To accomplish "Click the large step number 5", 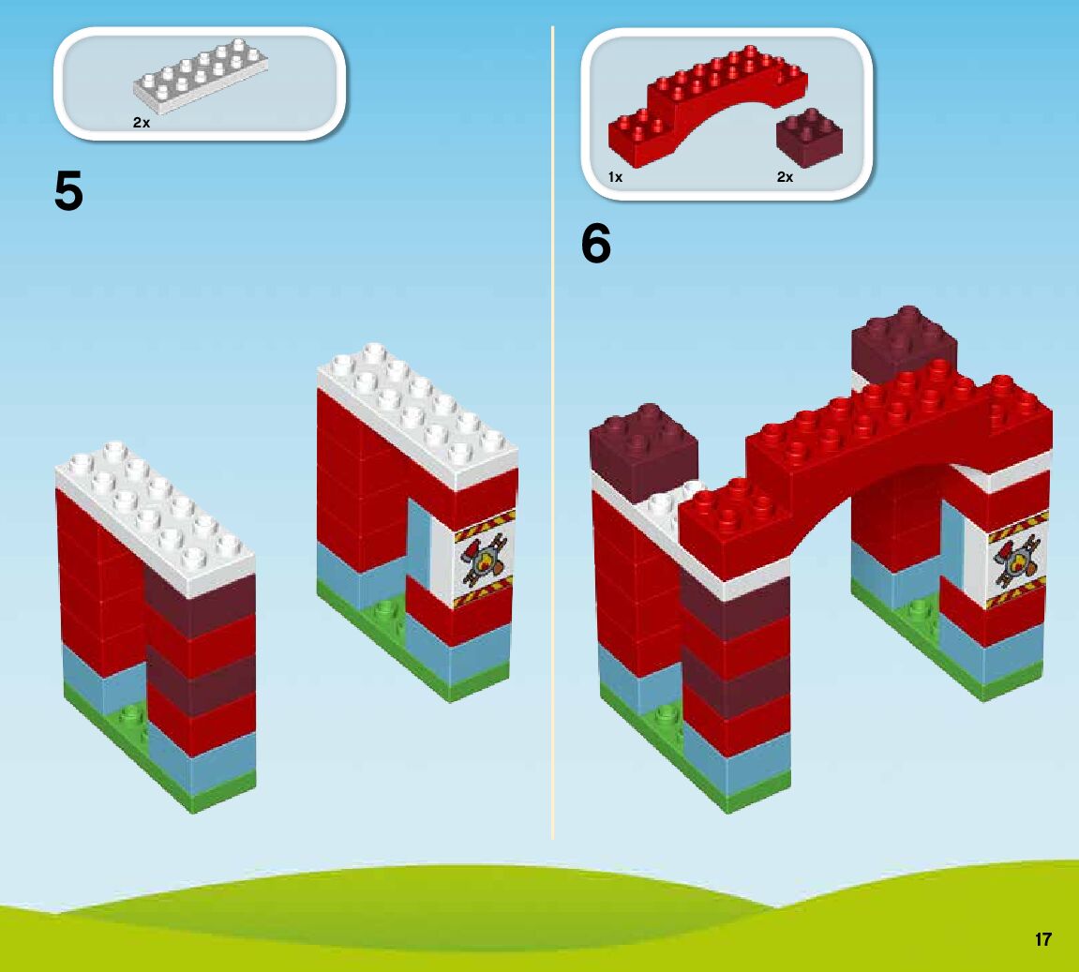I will pos(69,192).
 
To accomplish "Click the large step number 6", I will pos(596,245).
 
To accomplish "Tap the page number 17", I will pos(1043,939).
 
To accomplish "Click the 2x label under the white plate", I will pos(142,123).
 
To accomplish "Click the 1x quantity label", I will pos(615,177).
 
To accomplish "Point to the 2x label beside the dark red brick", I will pos(785,177).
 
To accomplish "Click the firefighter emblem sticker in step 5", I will pos(484,561).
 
